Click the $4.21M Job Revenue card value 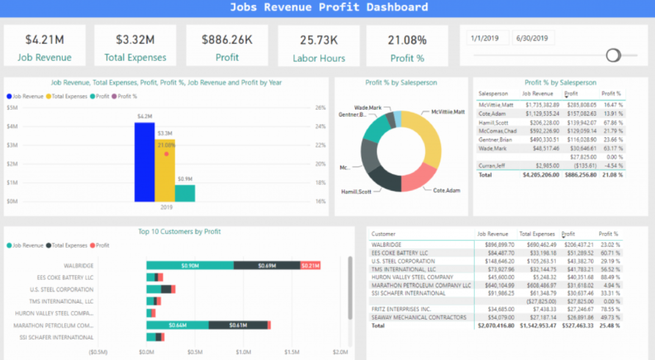click(x=45, y=40)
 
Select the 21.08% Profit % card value click(x=407, y=40)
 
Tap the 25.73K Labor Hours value click(x=318, y=40)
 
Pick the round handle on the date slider click(x=613, y=55)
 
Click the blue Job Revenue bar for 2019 click(x=145, y=162)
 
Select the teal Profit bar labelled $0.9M click(x=185, y=193)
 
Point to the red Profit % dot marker click(x=166, y=154)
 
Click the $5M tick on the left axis click(x=12, y=107)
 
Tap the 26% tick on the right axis click(x=320, y=107)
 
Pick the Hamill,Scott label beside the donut click(x=356, y=192)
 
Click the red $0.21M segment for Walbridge click(x=310, y=265)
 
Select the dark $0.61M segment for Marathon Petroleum click(x=238, y=325)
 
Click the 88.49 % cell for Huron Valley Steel click(x=609, y=278)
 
